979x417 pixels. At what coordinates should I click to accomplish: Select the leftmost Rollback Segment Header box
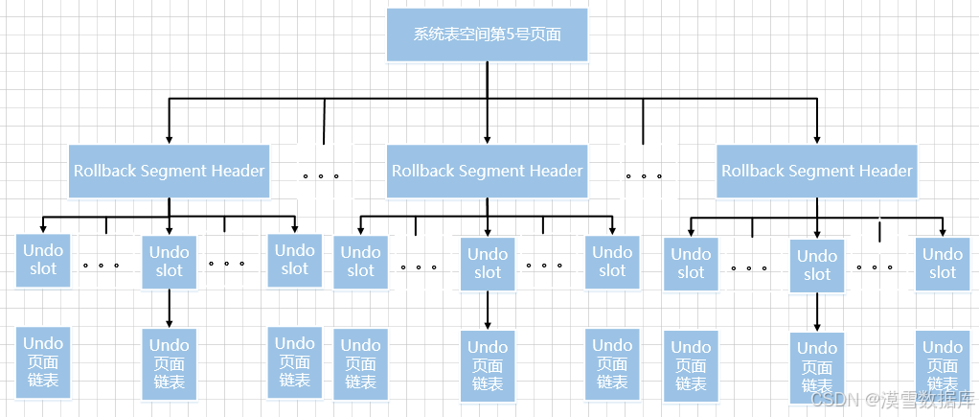(169, 171)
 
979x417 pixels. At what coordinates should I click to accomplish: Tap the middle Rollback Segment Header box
(487, 171)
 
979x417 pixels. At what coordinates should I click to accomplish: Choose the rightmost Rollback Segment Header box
(817, 171)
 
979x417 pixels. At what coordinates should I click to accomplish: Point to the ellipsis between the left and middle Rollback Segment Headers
(321, 176)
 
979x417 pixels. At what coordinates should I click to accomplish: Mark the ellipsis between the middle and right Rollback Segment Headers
(644, 176)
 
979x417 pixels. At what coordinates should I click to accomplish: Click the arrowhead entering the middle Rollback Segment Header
(487, 139)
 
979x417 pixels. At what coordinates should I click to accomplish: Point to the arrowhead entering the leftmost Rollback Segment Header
(169, 139)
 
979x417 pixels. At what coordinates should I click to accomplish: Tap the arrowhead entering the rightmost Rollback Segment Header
(817, 139)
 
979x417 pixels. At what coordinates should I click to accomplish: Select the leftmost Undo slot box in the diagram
(43, 260)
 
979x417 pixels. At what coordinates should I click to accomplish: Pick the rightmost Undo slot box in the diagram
(943, 263)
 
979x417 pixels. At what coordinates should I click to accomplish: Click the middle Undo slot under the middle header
(488, 263)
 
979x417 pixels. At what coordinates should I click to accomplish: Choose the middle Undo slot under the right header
(817, 265)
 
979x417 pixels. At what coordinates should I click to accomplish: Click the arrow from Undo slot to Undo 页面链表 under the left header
(170, 309)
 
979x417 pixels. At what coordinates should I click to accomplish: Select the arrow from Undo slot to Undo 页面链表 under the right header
(817, 313)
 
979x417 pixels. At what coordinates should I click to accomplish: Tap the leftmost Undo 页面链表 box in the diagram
(43, 362)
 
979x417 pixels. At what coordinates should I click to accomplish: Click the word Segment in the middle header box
(486, 171)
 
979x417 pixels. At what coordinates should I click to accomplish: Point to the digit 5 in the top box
(511, 34)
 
